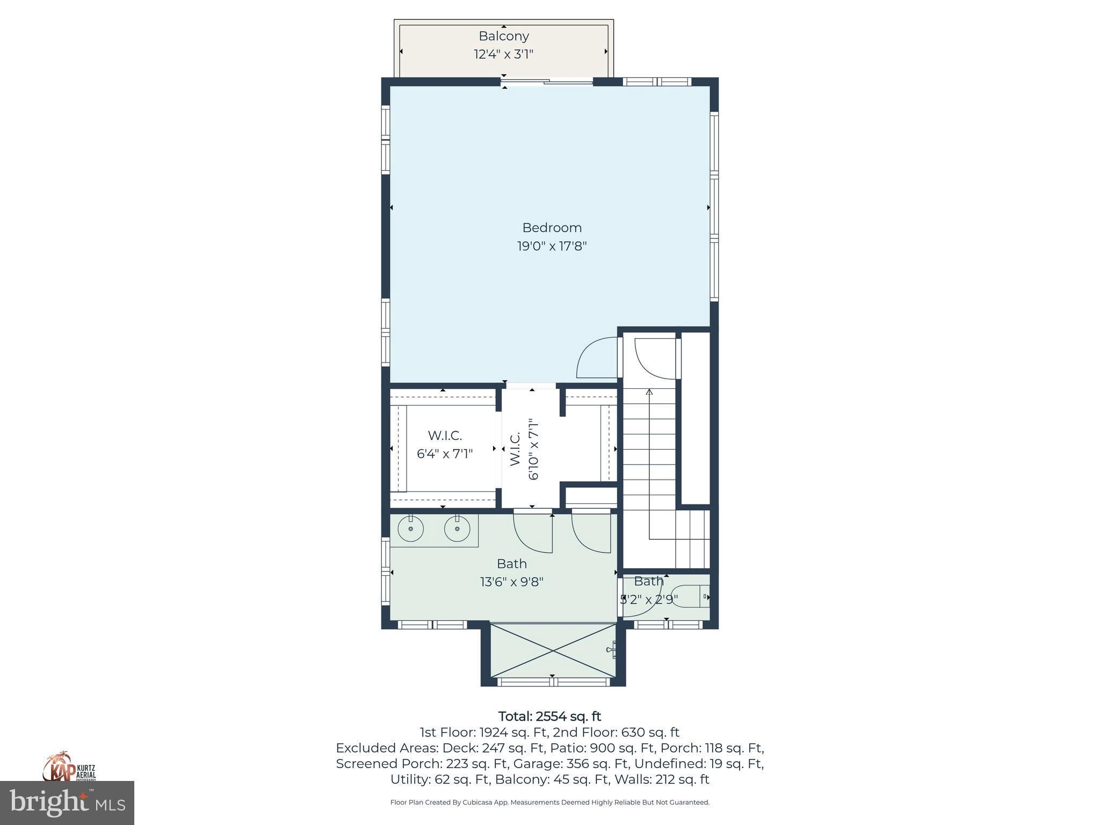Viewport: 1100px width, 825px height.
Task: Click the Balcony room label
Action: [503, 36]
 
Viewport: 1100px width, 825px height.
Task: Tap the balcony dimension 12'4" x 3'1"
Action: [503, 54]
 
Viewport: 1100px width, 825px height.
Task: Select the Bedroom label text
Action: [552, 228]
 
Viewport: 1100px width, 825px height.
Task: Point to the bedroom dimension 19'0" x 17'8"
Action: [552, 247]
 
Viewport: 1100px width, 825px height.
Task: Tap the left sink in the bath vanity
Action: [410, 530]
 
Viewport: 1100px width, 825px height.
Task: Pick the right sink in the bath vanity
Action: [457, 530]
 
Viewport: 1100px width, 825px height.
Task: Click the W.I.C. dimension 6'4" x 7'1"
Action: [445, 454]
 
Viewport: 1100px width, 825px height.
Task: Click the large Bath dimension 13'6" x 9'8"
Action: [511, 582]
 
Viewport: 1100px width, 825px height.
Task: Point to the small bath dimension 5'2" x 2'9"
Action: [649, 599]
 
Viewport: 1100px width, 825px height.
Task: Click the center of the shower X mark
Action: [553, 650]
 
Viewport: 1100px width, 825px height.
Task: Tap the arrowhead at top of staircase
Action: [649, 392]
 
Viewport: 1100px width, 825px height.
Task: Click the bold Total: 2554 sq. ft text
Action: [549, 717]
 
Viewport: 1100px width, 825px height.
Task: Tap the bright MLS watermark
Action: [67, 802]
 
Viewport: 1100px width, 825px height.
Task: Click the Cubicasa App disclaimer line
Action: [549, 802]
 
